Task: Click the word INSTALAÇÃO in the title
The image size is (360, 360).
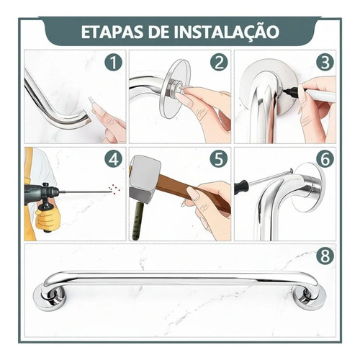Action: [x=225, y=32]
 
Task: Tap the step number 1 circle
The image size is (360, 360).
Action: [x=114, y=62]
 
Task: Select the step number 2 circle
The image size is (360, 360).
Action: [x=219, y=62]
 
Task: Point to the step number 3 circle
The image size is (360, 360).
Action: [x=325, y=62]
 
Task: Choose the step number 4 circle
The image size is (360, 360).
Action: [x=114, y=159]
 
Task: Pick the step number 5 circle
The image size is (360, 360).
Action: [x=219, y=159]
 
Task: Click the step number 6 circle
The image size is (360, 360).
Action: [x=325, y=159]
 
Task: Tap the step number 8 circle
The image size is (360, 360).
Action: [x=325, y=256]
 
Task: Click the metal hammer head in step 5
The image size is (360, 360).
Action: [x=145, y=179]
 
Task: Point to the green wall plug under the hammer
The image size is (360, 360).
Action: [x=138, y=220]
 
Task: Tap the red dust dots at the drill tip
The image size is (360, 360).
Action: [x=114, y=189]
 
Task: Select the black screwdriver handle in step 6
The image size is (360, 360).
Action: [x=240, y=186]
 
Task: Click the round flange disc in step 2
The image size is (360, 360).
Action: [x=174, y=89]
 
